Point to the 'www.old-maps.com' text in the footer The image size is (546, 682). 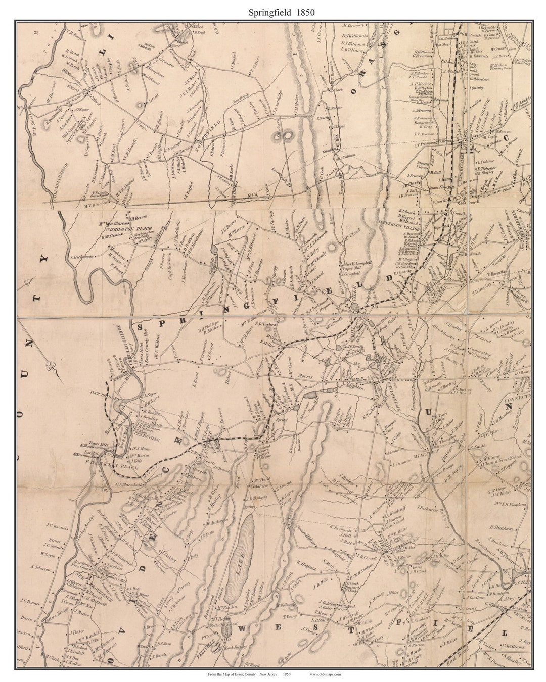pos(325,674)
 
